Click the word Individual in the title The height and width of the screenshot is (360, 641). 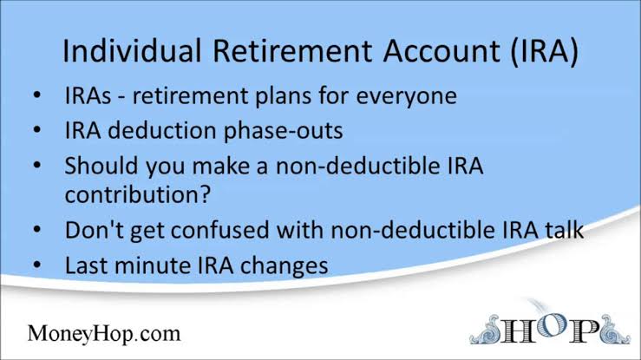pos(132,50)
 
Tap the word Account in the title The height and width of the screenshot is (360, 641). pos(442,50)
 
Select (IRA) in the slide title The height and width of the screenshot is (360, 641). pos(545,51)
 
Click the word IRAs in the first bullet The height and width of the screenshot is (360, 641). pos(88,96)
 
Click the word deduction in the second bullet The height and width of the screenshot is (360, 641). pos(162,131)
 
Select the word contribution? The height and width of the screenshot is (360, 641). pos(138,194)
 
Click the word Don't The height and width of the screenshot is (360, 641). pos(94,230)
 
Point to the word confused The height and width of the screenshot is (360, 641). pos(219,230)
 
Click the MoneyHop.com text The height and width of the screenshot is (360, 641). pos(104,333)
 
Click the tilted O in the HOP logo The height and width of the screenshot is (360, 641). pos(550,324)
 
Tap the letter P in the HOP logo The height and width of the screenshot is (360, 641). pos(585,331)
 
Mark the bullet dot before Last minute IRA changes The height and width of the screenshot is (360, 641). pos(37,265)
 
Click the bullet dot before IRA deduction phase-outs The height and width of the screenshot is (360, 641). pos(37,130)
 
